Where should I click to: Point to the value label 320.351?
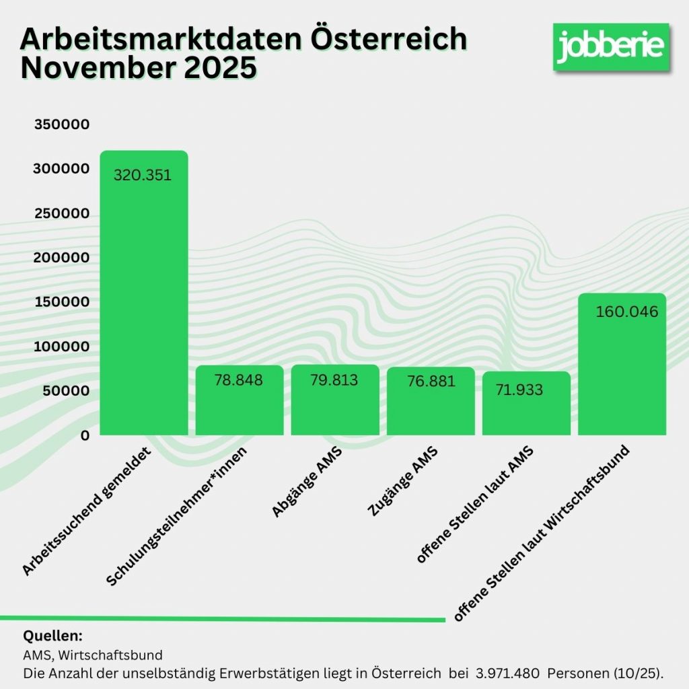pos(143,176)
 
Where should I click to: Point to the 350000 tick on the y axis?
pos(61,125)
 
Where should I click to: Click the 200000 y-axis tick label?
pos(61,258)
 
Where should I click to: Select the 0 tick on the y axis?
pos(85,435)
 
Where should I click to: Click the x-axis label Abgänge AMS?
pos(306,484)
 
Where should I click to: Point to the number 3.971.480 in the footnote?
pos(509,673)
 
